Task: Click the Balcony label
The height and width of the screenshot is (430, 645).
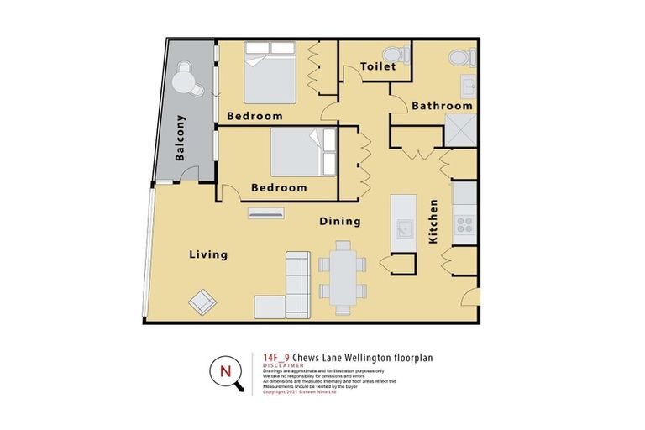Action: click(181, 138)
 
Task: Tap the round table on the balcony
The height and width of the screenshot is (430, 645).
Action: click(186, 81)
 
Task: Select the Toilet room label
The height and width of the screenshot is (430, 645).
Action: click(377, 66)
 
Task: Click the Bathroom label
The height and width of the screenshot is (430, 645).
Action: click(442, 106)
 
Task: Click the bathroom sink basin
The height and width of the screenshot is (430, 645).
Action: click(469, 85)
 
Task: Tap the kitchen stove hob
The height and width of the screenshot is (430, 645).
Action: click(464, 224)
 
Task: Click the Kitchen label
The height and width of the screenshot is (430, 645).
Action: click(433, 221)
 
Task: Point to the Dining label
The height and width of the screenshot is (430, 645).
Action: click(340, 222)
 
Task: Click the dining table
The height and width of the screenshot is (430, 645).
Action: click(342, 275)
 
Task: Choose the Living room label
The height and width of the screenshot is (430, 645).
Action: click(208, 254)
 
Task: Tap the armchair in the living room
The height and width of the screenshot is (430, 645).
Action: click(203, 300)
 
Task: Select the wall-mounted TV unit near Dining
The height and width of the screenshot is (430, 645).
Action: click(267, 215)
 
